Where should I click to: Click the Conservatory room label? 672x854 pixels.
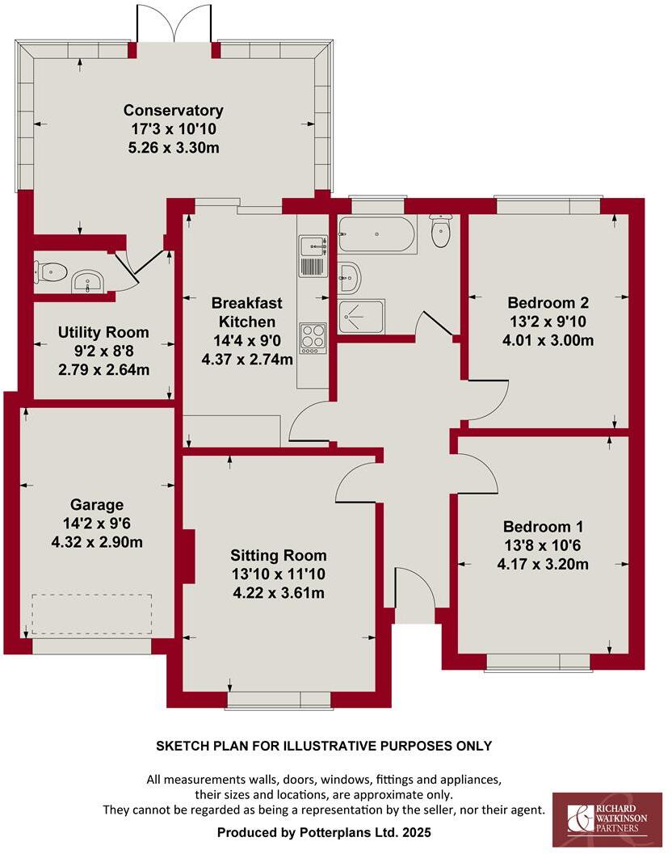[x=173, y=111]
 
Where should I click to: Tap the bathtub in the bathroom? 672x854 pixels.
[x=376, y=235]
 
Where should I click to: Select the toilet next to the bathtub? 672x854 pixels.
[x=441, y=232]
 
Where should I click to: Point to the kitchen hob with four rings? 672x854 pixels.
[x=312, y=338]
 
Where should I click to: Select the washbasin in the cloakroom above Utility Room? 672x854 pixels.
[x=86, y=282]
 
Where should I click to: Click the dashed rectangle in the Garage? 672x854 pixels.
[x=91, y=615]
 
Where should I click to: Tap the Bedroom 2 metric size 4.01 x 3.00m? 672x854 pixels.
[x=548, y=340]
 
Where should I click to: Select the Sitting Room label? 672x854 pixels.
[x=279, y=555]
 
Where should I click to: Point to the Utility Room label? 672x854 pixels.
[x=103, y=332]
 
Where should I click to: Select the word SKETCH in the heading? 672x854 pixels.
[x=182, y=746]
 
